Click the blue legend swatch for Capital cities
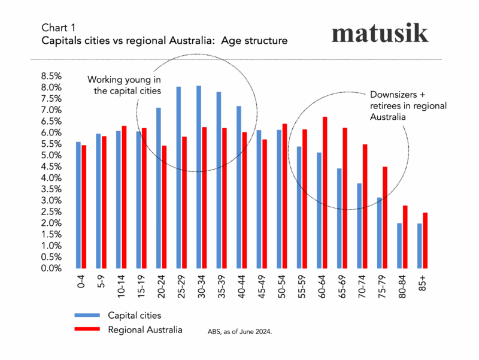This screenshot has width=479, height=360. (88, 314)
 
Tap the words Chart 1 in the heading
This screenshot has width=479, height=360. (59, 28)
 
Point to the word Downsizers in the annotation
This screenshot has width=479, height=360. (389, 95)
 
